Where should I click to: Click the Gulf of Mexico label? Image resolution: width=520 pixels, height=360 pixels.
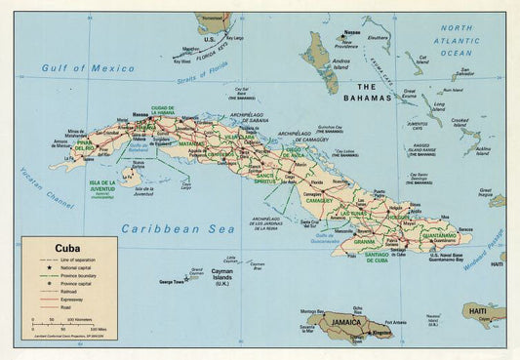pyautogui.click(x=88, y=68)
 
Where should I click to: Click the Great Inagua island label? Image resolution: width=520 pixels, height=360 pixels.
pyautogui.click(x=485, y=191)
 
